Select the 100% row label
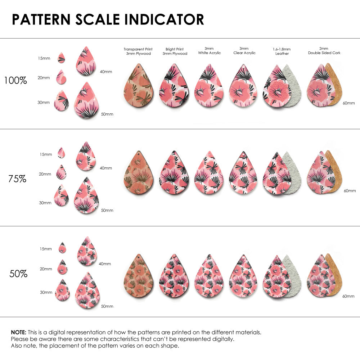tap(15, 80)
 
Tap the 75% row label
tap(17, 178)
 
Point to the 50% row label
tap(18, 274)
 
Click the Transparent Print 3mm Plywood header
tap(138, 51)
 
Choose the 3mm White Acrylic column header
tap(209, 51)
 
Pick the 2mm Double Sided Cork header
tap(324, 51)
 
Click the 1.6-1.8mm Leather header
tap(282, 51)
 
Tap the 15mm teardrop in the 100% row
tap(62, 58)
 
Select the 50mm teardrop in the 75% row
tap(86, 197)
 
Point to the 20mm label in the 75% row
tap(45, 174)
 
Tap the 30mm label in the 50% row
tap(46, 292)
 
